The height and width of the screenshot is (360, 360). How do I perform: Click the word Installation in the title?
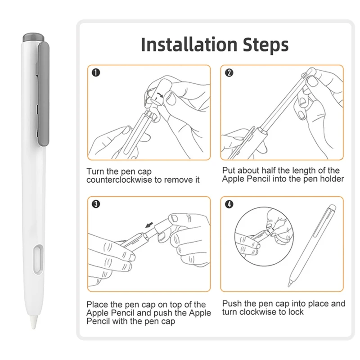(189, 44)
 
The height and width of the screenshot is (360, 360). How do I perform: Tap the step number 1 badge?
(96, 73)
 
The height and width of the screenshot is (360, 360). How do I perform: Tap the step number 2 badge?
(229, 73)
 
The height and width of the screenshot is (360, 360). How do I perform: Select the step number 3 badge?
(96, 204)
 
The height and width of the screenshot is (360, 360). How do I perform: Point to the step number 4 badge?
(229, 204)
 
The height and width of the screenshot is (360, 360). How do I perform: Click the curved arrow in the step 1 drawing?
(159, 94)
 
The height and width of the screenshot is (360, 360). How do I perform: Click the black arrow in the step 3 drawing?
(149, 225)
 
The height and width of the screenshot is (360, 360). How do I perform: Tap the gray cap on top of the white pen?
(33, 38)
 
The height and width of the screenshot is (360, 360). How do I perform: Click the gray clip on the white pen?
(44, 94)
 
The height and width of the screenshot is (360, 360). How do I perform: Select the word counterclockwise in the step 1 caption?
(119, 180)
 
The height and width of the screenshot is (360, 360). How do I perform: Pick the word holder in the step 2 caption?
(332, 179)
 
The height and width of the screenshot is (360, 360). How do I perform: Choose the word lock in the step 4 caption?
(296, 312)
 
